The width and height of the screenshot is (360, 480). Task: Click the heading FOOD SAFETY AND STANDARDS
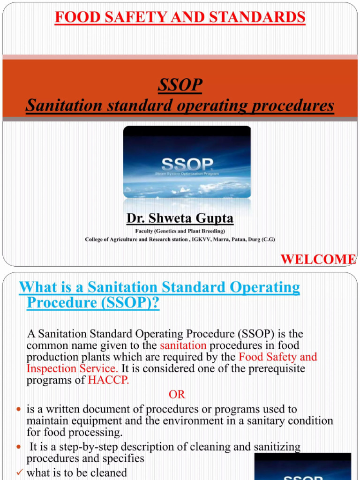coord(180,17)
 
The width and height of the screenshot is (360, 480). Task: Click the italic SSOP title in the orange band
coord(180,85)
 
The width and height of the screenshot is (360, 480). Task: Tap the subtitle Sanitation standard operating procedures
coord(180,105)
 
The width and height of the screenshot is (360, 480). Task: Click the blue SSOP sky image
coord(187,162)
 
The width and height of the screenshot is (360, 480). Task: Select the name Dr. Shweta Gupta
coord(180,218)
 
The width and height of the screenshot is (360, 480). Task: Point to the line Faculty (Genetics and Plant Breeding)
coord(180,231)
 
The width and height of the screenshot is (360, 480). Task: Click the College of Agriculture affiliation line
coord(180,240)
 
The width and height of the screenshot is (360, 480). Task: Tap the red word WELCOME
coord(318,259)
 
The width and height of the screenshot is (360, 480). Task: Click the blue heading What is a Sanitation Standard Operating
coord(159,287)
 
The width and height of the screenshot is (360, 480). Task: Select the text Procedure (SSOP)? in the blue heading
coord(93,303)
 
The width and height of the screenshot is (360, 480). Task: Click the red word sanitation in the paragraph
coord(183,345)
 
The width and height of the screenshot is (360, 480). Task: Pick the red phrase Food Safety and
coord(278,357)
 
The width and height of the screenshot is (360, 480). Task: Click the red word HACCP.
coord(108,380)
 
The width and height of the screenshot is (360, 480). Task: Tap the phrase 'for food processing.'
coord(74,432)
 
